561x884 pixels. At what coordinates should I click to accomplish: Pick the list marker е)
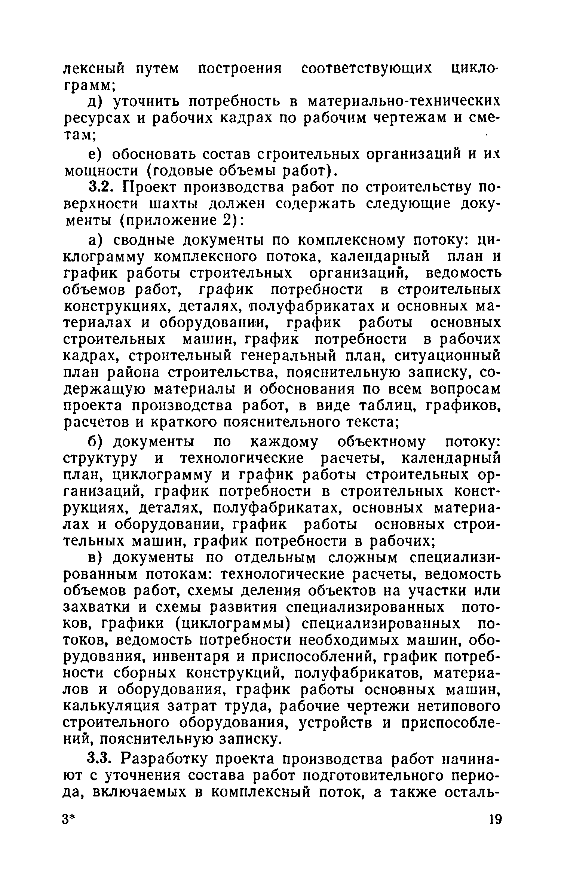[95, 155]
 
